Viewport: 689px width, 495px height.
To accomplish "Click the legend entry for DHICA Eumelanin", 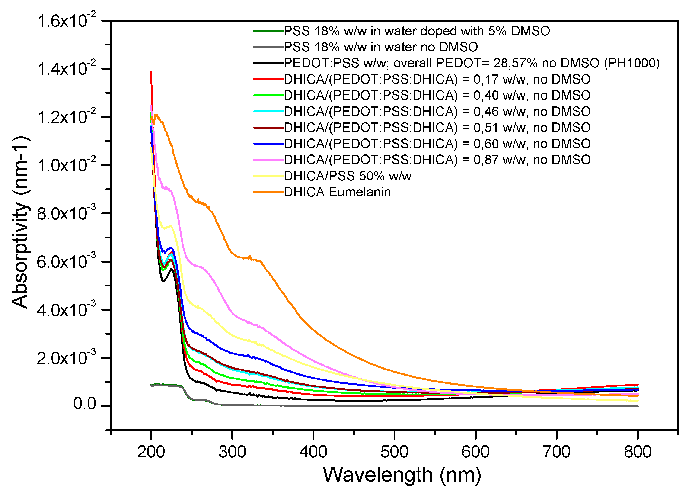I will pyautogui.click(x=337, y=192).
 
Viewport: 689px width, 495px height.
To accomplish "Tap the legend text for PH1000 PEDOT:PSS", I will pyautogui.click(x=472, y=63).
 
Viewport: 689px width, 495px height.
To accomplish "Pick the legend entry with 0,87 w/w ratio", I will pyautogui.click(x=437, y=160).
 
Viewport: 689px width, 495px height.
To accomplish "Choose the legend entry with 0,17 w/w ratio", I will pyautogui.click(x=437, y=79).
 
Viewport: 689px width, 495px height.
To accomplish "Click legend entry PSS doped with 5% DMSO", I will pyautogui.click(x=417, y=31).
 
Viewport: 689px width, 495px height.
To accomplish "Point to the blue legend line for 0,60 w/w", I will pyautogui.click(x=268, y=143).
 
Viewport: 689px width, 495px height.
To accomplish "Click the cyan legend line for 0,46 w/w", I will pyautogui.click(x=268, y=112).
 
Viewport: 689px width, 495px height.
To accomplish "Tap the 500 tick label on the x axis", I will pyautogui.click(x=394, y=452).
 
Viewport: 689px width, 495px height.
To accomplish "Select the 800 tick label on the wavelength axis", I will pyautogui.click(x=637, y=452).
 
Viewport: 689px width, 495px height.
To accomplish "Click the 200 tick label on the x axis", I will pyautogui.click(x=151, y=452).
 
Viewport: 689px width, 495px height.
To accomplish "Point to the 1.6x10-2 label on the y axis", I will pyautogui.click(x=66, y=21).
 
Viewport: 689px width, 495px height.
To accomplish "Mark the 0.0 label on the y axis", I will pyautogui.click(x=84, y=404).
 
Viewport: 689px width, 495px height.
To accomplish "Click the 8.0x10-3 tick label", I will pyautogui.click(x=66, y=213).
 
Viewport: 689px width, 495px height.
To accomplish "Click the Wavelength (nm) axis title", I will pyautogui.click(x=402, y=475).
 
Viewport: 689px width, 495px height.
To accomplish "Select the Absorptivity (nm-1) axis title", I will pyautogui.click(x=21, y=222).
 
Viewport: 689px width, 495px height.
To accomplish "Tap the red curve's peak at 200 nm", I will pyautogui.click(x=151, y=73).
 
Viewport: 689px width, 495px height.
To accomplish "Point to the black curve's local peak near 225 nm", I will pyautogui.click(x=172, y=269).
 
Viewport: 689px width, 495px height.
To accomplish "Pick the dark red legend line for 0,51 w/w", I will pyautogui.click(x=268, y=128).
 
